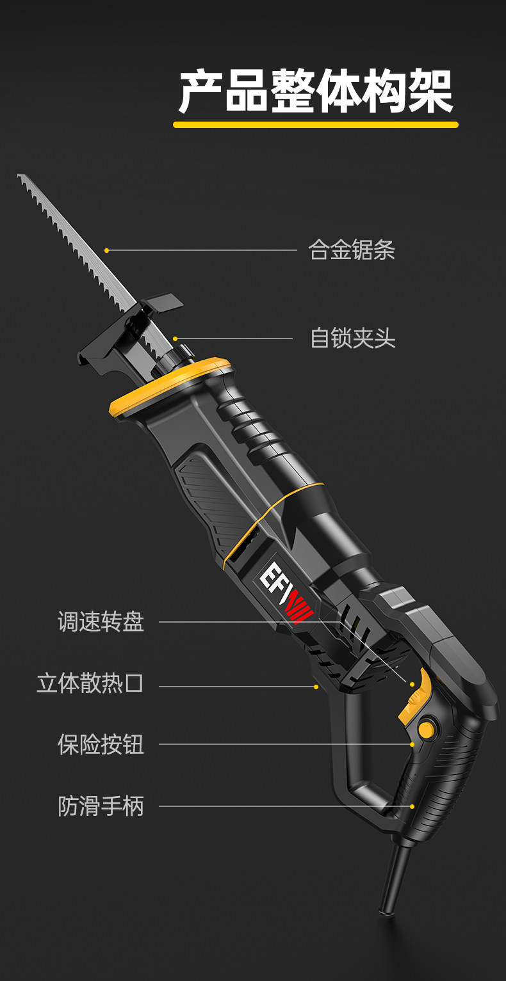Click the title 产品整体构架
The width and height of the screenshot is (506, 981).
(316, 92)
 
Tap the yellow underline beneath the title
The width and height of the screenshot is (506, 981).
(316, 125)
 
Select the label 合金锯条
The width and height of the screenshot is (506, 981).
(352, 250)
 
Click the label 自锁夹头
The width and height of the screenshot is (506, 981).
(353, 338)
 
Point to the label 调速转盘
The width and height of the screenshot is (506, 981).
(101, 621)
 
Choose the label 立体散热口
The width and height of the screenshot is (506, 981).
(90, 683)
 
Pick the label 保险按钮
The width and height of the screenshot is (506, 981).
(101, 744)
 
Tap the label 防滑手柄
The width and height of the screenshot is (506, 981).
(101, 806)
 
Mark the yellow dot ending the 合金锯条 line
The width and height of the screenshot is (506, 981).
(107, 250)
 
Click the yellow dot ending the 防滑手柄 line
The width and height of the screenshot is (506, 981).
(412, 806)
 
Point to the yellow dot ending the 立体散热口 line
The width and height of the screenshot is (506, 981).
(316, 687)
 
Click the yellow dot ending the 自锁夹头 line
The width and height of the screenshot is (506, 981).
(175, 339)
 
